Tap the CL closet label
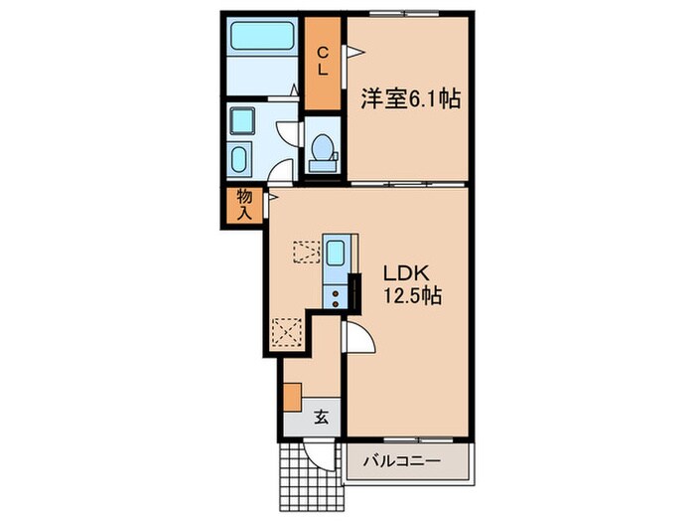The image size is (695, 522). coord(324,63)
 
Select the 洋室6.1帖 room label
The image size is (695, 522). coord(402,99)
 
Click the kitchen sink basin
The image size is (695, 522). coord(336,254)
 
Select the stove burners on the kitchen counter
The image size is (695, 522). coord(337,293)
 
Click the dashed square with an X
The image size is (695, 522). coord(286,329)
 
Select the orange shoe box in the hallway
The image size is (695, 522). coord(292,395)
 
